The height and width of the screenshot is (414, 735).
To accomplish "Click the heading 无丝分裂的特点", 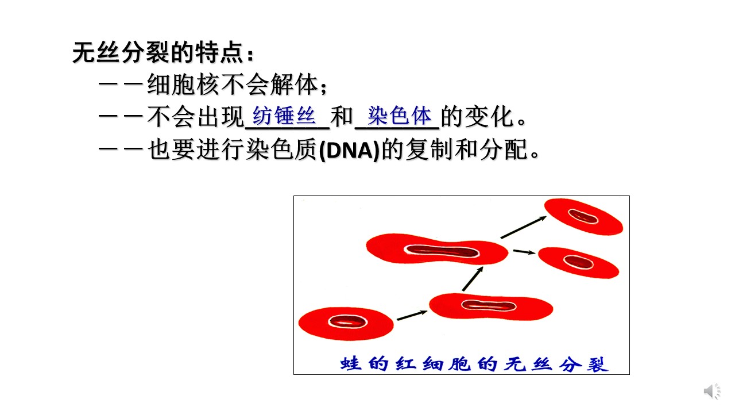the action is [x=158, y=52].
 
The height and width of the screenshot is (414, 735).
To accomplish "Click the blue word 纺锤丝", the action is [x=284, y=116].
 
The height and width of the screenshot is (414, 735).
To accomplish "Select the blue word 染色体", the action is [x=399, y=116].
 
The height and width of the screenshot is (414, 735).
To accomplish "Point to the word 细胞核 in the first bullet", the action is [x=183, y=85].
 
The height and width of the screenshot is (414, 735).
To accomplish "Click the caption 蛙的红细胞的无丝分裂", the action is [x=474, y=364].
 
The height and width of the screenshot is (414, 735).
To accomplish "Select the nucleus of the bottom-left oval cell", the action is [x=347, y=321].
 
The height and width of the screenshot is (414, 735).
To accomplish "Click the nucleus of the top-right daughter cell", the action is [x=583, y=216].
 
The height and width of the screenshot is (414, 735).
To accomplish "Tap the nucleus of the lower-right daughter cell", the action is [x=578, y=262].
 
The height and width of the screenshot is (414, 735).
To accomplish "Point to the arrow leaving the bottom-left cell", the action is [x=412, y=315].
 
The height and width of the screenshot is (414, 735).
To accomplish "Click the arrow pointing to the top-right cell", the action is [x=524, y=227].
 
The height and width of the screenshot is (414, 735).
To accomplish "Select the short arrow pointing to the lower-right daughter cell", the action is [x=524, y=252].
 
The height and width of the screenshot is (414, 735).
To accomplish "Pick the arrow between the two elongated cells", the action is [x=473, y=279].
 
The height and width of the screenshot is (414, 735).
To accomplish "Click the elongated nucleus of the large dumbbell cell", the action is [x=442, y=251].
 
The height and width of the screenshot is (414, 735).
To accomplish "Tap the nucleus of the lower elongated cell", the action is [x=489, y=305].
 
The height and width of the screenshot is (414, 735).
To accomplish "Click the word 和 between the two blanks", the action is [x=342, y=116].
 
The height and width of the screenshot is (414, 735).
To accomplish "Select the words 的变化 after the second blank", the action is [x=477, y=116].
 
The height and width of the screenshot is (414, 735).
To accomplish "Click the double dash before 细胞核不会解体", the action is [x=121, y=85].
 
